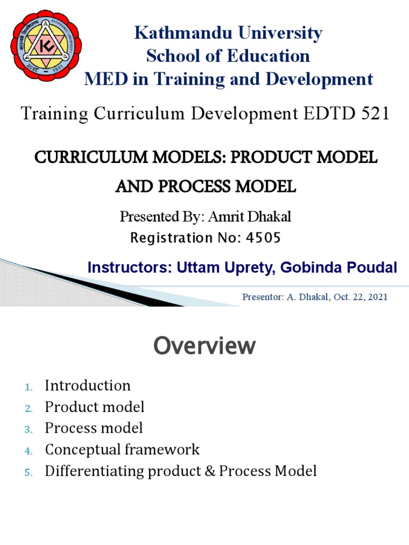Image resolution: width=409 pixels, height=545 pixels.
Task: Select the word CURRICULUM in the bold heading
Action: point(84,158)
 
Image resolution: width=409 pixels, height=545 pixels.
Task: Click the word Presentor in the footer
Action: point(261,297)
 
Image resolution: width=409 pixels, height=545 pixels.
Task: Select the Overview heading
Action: point(204,346)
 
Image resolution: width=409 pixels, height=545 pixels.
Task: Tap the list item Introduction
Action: point(87,385)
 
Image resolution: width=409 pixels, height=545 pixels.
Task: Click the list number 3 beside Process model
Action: point(28,429)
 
